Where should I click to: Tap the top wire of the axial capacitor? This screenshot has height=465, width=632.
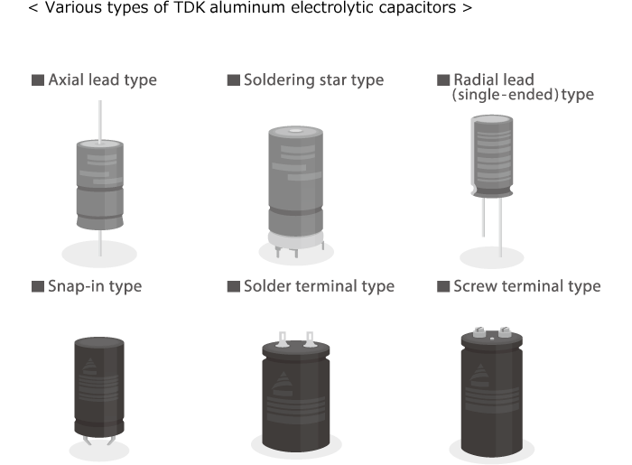click(x=100, y=117)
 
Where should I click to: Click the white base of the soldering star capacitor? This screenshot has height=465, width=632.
click(x=295, y=243)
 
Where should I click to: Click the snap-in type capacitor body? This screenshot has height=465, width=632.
click(x=99, y=388)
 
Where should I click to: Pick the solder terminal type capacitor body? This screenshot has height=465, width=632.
click(x=295, y=393)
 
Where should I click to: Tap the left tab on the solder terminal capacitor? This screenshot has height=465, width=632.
click(x=281, y=340)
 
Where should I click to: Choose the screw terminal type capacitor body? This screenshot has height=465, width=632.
click(x=493, y=388)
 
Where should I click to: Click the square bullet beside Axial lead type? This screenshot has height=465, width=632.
click(x=38, y=80)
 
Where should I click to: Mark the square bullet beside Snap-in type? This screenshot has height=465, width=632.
click(x=38, y=287)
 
